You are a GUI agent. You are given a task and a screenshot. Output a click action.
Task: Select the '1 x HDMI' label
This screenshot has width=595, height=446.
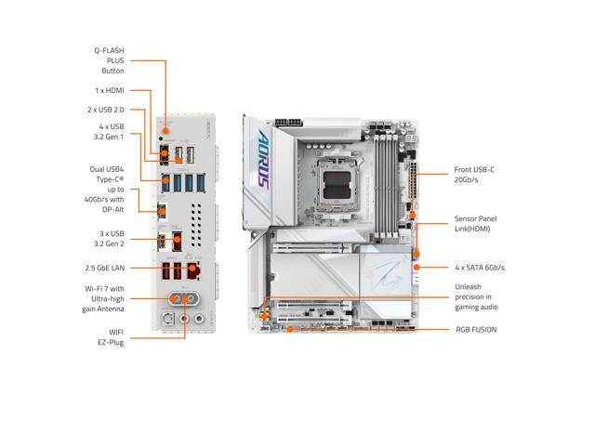(x=109, y=90)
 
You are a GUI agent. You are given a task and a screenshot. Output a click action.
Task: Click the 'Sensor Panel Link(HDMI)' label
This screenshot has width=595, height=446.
(x=479, y=223)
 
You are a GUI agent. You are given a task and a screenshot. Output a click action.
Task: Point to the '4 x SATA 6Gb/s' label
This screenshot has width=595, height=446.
(x=479, y=268)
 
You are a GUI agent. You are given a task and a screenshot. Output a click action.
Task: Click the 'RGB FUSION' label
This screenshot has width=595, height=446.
(x=475, y=329)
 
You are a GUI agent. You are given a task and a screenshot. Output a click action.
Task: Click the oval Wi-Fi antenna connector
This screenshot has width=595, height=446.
(x=180, y=299)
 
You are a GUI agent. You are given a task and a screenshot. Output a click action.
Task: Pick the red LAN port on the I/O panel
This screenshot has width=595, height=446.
(x=192, y=271)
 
